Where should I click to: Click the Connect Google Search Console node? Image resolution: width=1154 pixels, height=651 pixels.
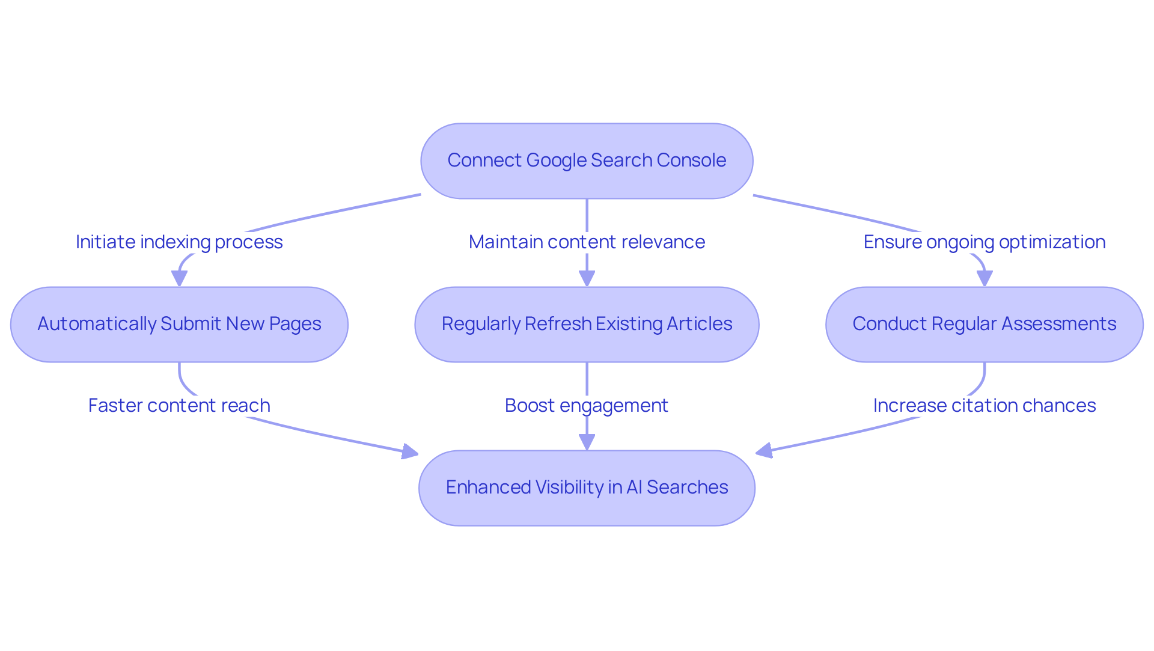coord(587,161)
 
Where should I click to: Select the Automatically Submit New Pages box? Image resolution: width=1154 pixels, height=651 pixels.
coord(179,325)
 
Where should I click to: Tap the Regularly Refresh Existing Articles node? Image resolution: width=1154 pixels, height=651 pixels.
coord(587,325)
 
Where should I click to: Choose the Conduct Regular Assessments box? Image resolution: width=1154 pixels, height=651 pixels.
coord(984,325)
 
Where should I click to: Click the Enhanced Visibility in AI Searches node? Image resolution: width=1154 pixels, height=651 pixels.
coord(587,488)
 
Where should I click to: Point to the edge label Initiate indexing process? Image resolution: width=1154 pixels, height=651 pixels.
coord(179,242)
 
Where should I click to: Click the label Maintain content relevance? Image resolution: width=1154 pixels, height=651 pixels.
coord(587,242)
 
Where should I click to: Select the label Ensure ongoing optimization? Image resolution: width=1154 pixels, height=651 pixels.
coord(984,242)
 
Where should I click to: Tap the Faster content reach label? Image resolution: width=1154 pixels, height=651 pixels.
coord(179,405)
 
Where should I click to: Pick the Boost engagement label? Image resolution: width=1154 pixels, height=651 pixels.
coord(587,405)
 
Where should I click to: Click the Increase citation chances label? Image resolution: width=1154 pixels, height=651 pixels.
coord(984,405)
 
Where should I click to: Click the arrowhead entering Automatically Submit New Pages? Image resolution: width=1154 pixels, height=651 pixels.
coord(179,279)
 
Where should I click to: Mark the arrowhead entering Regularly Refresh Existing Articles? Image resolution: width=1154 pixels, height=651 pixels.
coord(587,279)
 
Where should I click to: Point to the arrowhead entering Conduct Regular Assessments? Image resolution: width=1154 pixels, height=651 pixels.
coord(984,279)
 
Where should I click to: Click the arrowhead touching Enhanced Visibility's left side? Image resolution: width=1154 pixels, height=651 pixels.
coord(411,452)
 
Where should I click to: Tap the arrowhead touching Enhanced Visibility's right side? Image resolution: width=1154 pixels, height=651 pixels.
coord(763,451)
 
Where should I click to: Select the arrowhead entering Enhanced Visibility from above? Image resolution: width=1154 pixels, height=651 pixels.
coord(587,442)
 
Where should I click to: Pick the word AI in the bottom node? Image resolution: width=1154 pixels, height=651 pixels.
coord(634,487)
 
